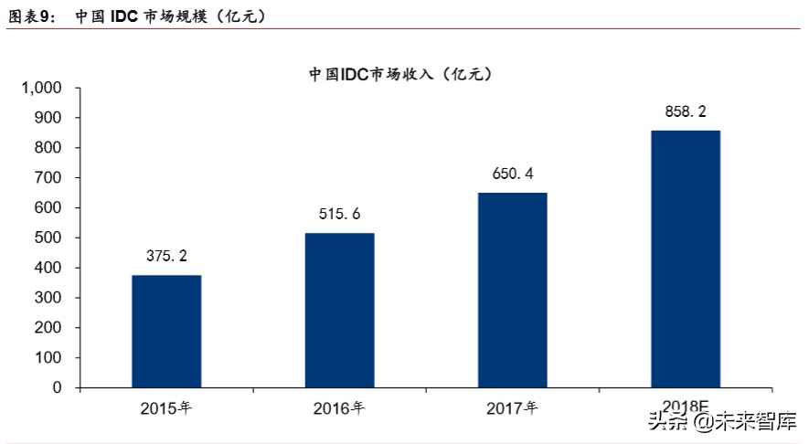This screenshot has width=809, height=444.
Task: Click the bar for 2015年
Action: point(166,331)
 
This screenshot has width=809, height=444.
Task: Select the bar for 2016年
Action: point(339,310)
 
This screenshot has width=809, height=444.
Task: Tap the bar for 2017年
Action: point(512,290)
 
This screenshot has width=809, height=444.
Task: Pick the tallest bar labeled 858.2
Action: point(686,259)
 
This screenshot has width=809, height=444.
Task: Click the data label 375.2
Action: point(166,257)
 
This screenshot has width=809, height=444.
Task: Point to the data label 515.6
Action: point(339,215)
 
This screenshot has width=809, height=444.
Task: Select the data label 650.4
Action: point(512,174)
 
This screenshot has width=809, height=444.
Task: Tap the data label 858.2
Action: point(686,111)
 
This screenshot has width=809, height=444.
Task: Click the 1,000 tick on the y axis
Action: point(41,89)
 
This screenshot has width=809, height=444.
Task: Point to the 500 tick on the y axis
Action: point(48,238)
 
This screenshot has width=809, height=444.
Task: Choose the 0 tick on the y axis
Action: point(57,387)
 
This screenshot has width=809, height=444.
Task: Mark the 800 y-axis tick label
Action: point(48,148)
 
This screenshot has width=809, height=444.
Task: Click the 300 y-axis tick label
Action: point(48,298)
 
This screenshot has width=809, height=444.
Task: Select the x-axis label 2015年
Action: point(166,408)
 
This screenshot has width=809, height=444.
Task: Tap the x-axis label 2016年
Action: point(339,408)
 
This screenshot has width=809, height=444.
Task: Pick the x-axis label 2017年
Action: point(512,408)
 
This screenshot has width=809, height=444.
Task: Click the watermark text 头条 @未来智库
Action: point(721,421)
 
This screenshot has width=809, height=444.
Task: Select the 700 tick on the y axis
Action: point(48,178)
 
